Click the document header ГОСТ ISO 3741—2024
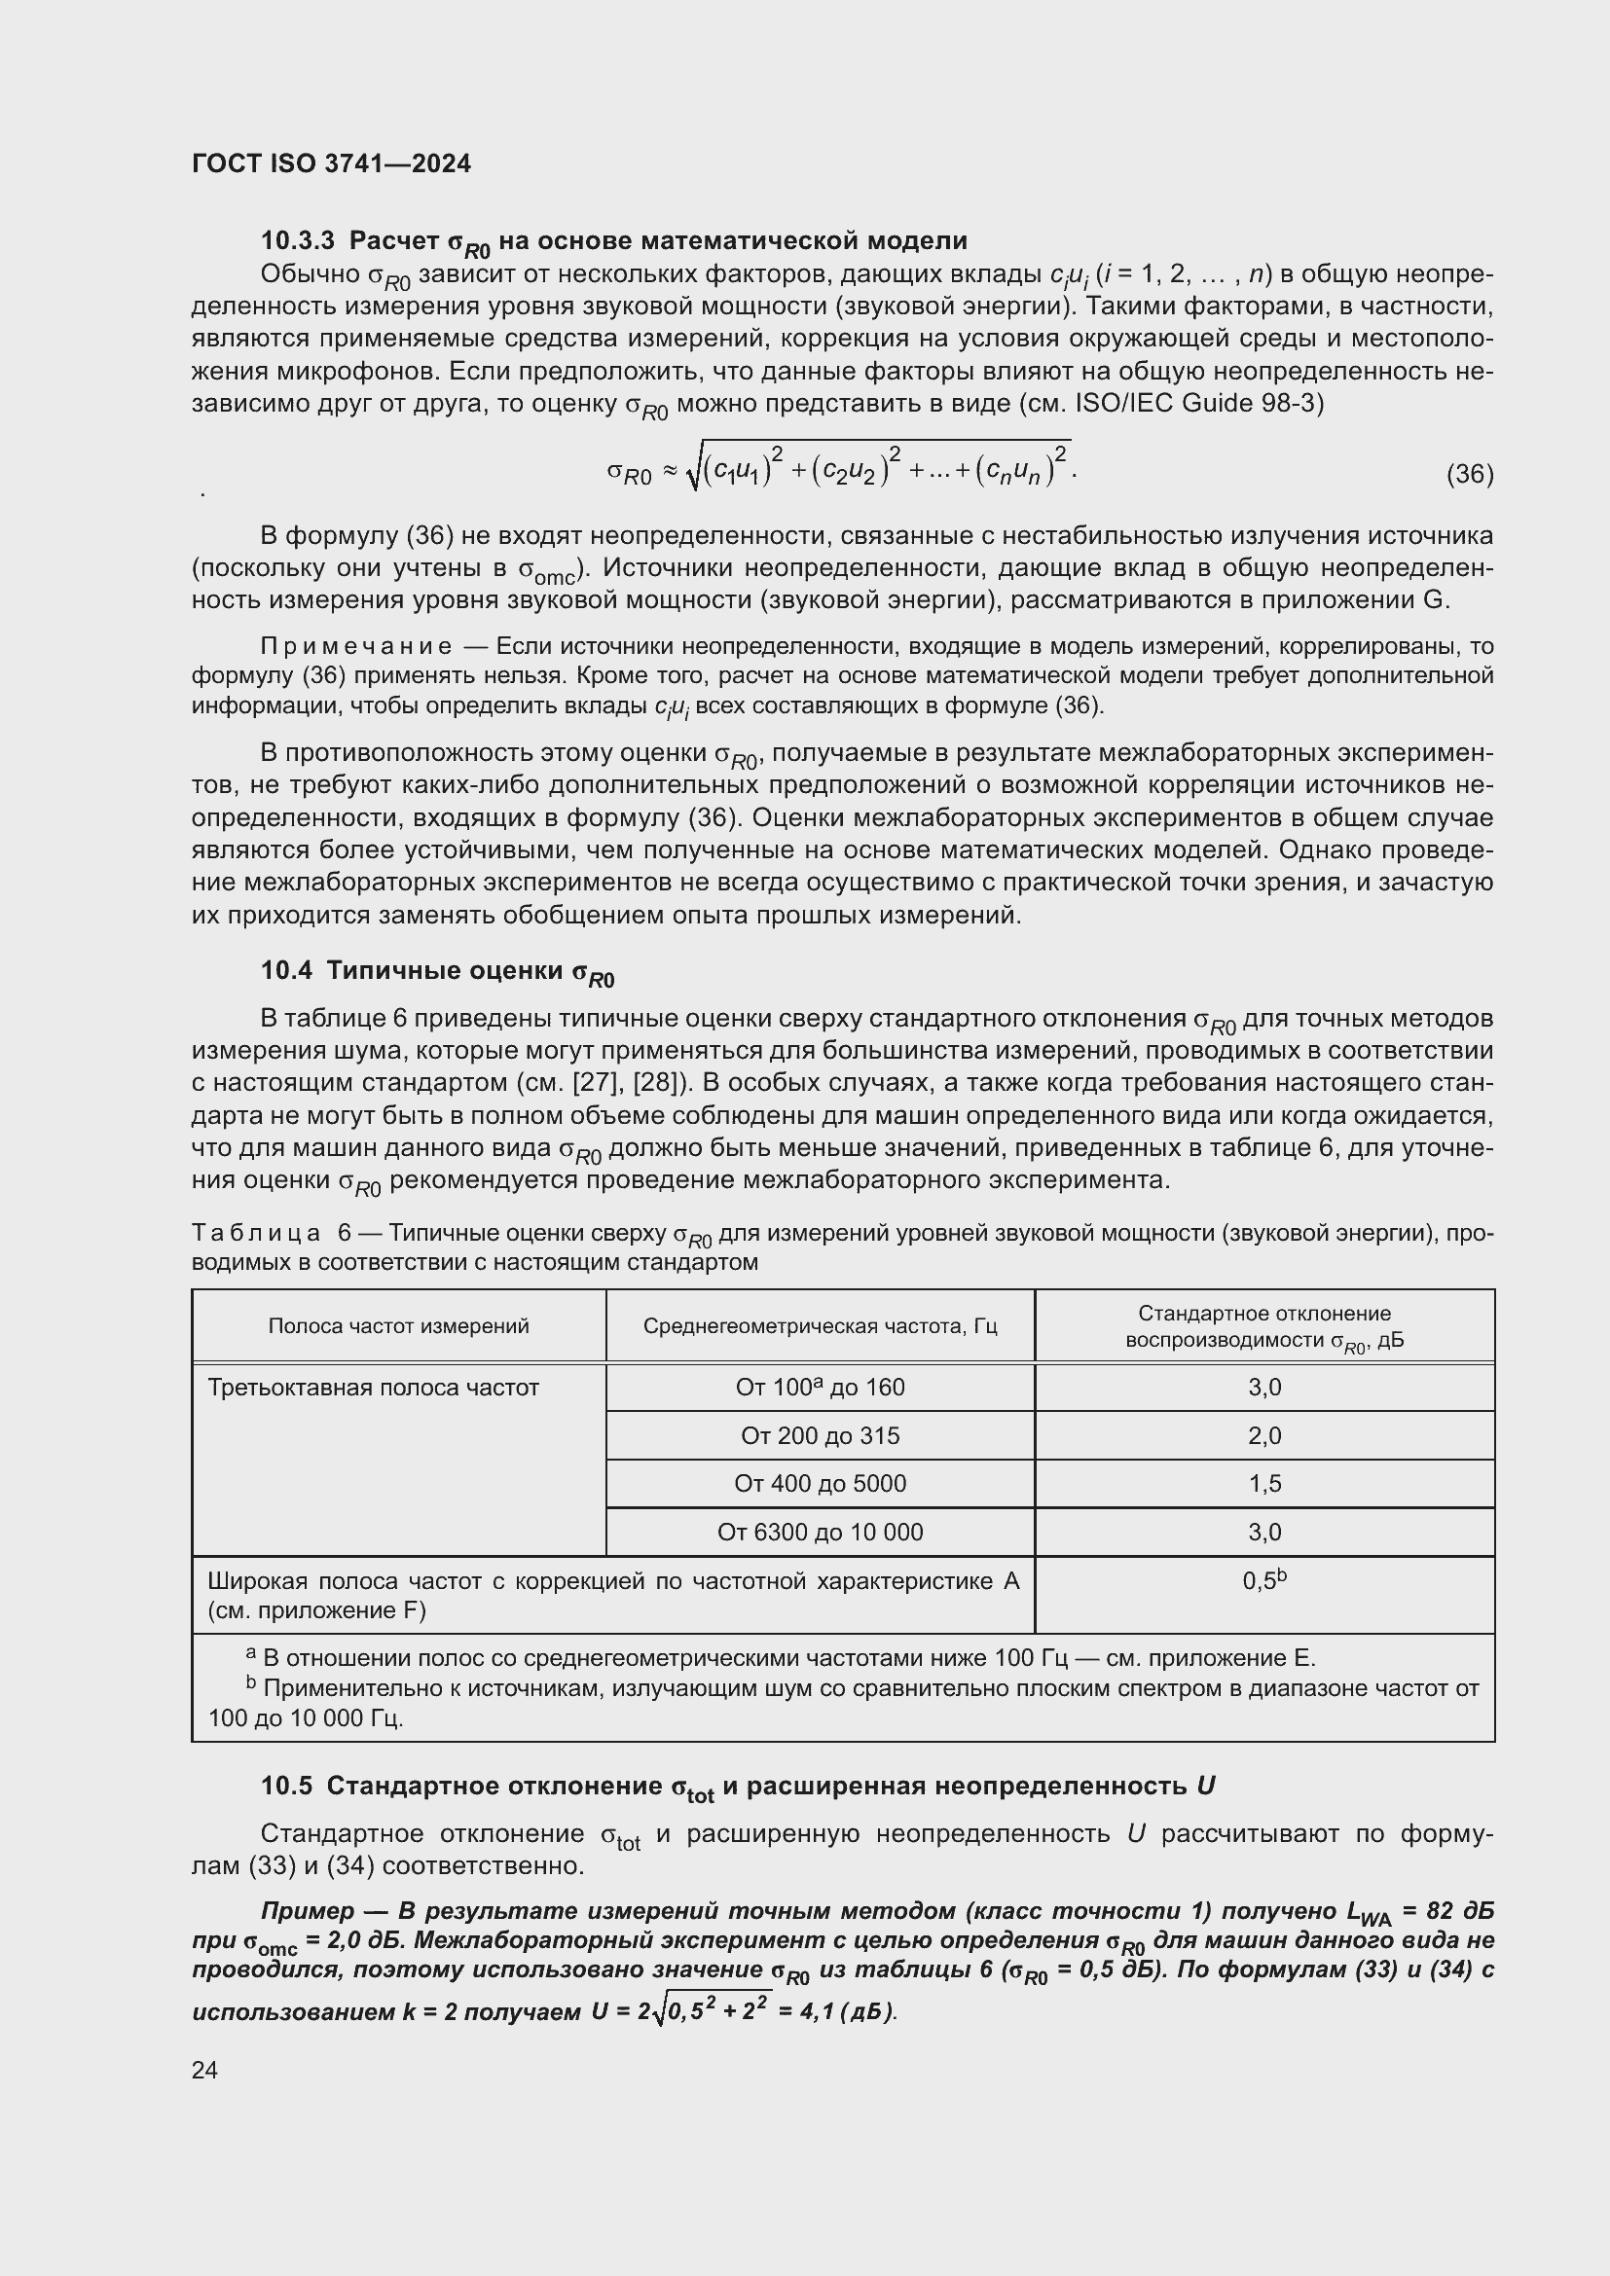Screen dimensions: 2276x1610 point(331,163)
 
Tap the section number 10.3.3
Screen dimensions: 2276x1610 point(298,240)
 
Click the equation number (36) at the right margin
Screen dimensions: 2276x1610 point(1469,474)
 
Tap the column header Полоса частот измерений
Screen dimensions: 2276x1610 point(398,1325)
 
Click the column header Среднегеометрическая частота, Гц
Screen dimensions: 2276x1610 point(820,1325)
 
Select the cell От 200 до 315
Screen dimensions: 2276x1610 point(820,1435)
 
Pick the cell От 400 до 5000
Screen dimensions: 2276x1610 point(820,1483)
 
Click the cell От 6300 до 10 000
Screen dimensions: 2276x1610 point(820,1532)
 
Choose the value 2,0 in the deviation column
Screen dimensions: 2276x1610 point(1264,1435)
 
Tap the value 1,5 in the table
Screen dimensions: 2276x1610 point(1264,1483)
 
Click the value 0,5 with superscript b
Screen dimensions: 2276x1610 point(1263,1581)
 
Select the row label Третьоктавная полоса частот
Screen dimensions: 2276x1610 point(373,1387)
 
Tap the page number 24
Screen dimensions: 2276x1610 point(205,2070)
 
